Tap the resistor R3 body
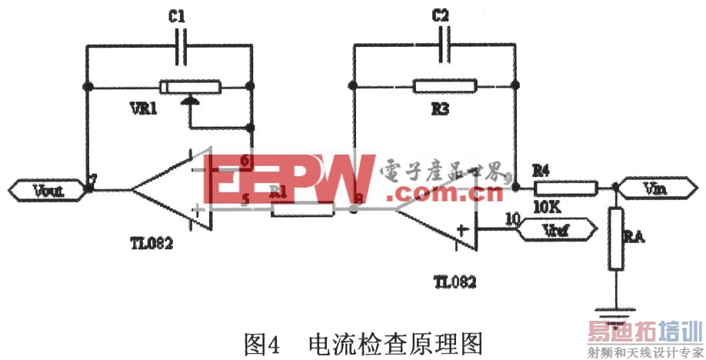point(444,85)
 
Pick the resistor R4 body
point(566,187)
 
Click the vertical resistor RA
point(615,238)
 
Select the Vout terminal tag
point(47,188)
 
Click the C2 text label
point(440,15)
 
